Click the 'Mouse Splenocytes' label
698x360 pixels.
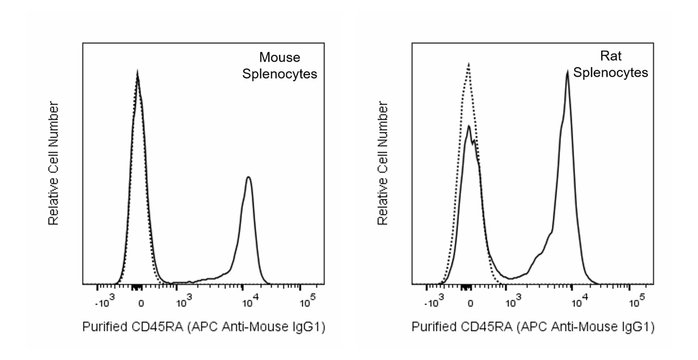click(x=279, y=65)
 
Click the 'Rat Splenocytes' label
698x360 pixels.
click(x=610, y=64)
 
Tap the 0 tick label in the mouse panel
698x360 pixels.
click(x=141, y=303)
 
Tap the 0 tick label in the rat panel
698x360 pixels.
click(x=470, y=303)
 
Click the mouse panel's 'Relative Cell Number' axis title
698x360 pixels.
click(x=53, y=163)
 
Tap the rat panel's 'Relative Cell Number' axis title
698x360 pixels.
click(x=382, y=163)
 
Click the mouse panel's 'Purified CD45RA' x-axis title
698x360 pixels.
click(x=204, y=327)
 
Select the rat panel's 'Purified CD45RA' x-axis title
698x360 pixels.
click(x=533, y=327)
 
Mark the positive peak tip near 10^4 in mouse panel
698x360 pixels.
click(x=248, y=177)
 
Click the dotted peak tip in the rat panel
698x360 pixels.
click(x=469, y=64)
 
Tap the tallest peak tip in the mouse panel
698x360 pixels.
click(x=137, y=73)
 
